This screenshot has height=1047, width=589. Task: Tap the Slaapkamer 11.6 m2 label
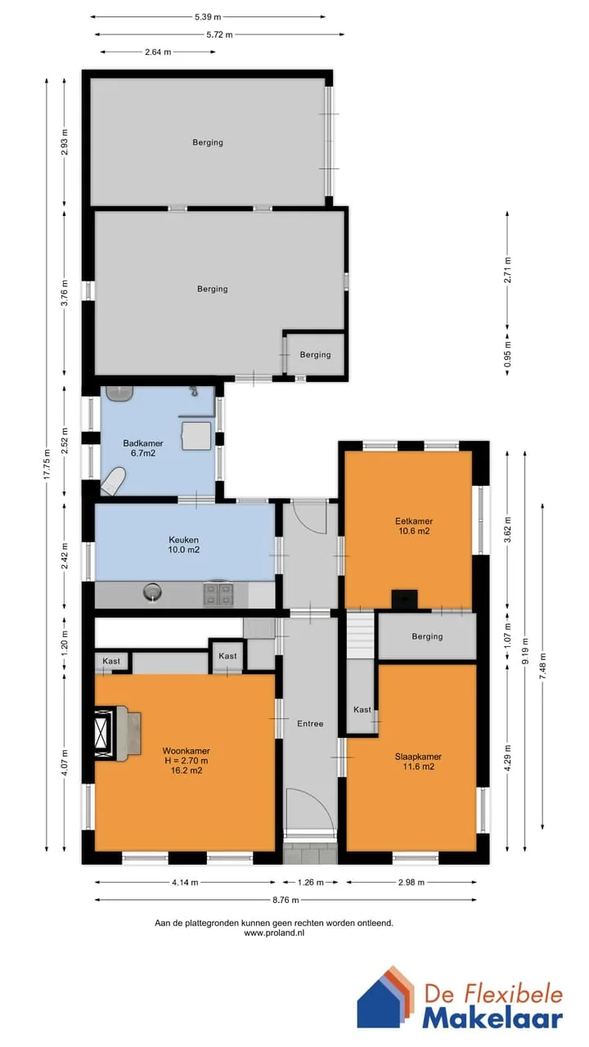[418, 762]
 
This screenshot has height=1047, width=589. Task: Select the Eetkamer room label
[414, 526]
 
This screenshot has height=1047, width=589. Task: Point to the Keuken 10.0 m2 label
[184, 545]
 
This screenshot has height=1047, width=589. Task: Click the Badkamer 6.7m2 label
[143, 448]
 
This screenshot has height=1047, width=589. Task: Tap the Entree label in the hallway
[310, 724]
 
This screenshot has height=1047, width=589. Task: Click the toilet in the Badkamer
[114, 480]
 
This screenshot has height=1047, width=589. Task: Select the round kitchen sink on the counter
[153, 594]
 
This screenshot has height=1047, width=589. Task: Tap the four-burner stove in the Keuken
[218, 594]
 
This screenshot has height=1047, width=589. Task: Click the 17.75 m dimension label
[47, 464]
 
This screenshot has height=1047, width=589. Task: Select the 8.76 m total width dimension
[286, 900]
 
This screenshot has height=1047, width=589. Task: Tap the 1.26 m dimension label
[310, 882]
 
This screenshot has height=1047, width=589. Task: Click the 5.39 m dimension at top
[208, 17]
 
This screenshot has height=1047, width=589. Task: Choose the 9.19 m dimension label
[525, 651]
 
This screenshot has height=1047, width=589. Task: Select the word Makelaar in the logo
[492, 1018]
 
